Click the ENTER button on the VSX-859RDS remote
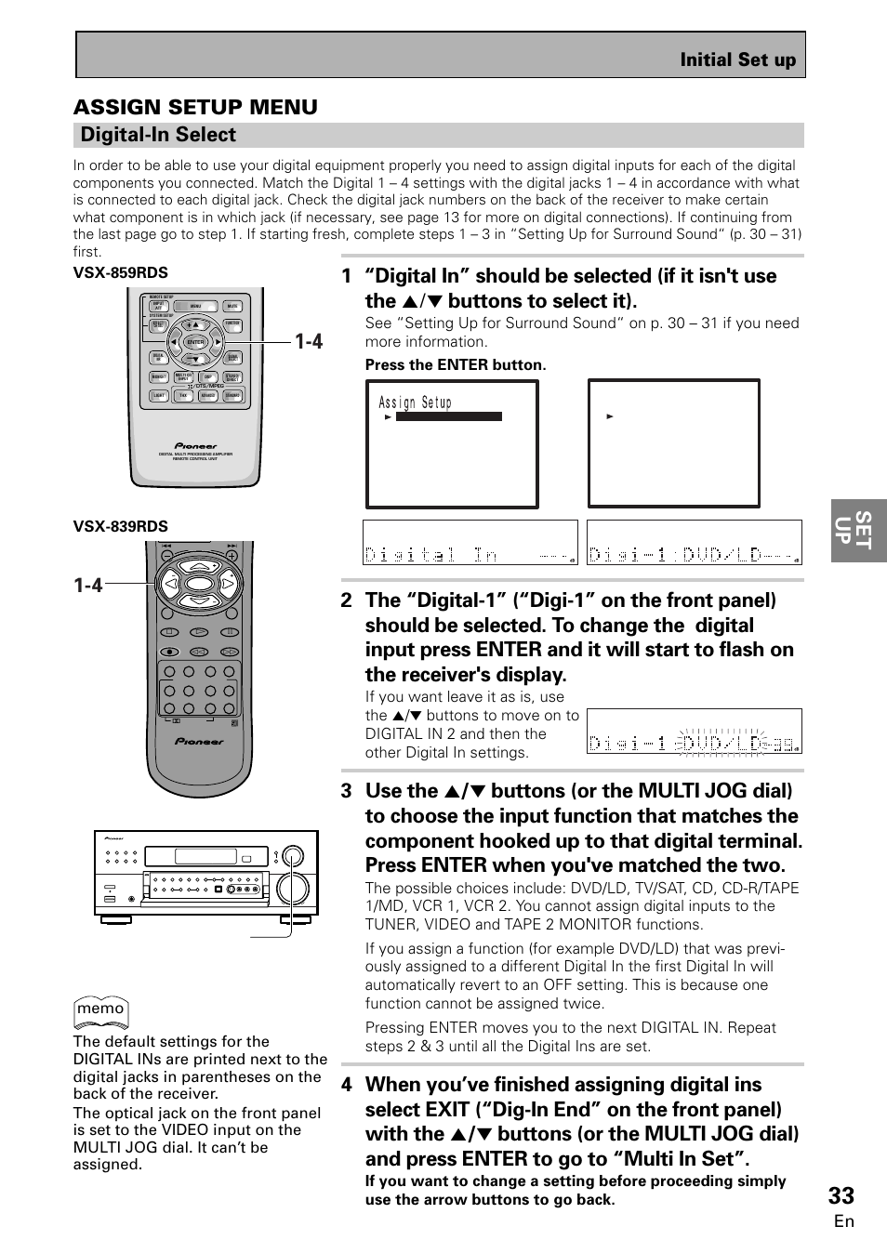coord(195,342)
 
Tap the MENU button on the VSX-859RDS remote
coord(195,306)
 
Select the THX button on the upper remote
coord(183,396)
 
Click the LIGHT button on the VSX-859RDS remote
coord(159,396)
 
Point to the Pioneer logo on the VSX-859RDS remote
coord(195,445)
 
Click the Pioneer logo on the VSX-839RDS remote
coord(200,742)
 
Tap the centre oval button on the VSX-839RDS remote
coord(200,584)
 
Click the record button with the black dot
coord(169,632)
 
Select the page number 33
coord(842,1194)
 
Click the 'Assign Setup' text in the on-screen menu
coord(415,402)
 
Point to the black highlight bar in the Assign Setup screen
coord(449,417)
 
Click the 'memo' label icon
coord(100,1009)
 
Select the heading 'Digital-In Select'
coord(158,135)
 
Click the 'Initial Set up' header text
coord(737,60)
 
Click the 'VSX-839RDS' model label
coord(121,527)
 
